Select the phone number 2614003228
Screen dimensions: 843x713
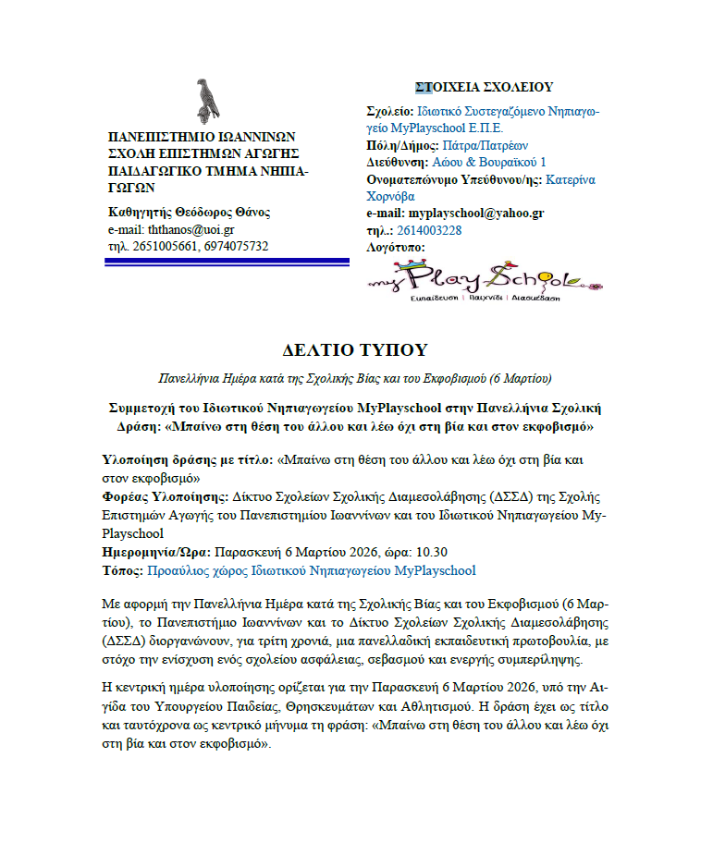click(429, 230)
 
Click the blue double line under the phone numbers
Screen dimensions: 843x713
click(227, 263)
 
